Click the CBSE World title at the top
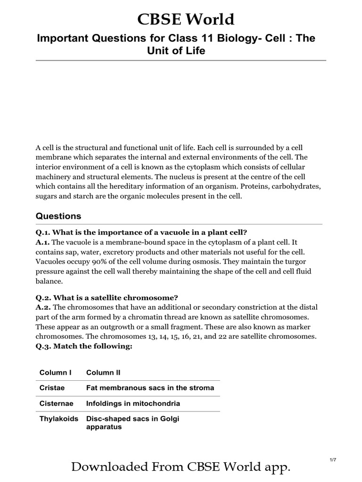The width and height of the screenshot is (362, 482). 185,19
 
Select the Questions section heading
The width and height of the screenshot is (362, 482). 58,216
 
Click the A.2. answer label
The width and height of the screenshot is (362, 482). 43,307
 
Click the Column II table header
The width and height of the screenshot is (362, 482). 103,372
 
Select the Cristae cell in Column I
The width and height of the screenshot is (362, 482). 52,388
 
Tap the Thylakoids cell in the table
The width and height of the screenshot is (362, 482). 58,418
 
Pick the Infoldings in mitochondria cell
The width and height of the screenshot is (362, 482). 133,403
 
